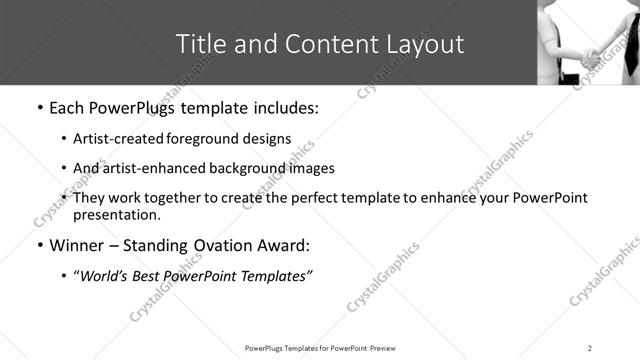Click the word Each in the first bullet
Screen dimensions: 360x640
point(67,107)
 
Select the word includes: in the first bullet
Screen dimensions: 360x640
point(281,107)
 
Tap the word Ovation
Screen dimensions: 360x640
point(221,245)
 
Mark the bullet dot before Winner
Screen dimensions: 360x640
point(39,245)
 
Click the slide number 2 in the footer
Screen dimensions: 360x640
point(590,347)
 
